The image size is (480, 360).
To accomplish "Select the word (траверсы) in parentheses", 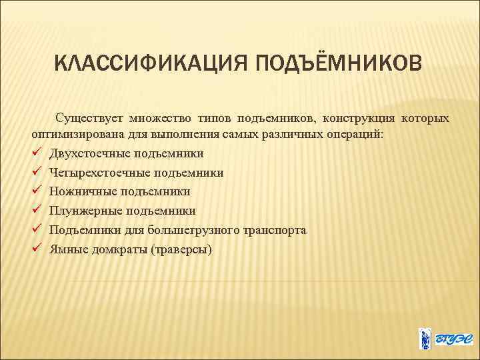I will (181, 249).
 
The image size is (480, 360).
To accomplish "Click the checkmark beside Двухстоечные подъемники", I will (37, 153).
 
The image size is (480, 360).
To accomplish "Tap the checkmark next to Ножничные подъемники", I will (37, 191).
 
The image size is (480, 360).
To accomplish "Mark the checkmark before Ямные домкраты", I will (37, 249).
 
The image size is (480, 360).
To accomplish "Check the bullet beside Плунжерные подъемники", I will (37, 211).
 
